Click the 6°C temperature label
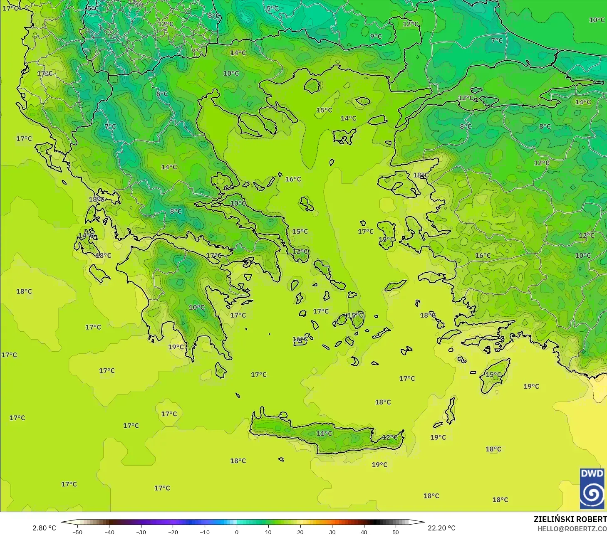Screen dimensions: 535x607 [162, 94]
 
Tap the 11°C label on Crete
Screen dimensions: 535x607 [324, 434]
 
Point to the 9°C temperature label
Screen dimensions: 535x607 [376, 37]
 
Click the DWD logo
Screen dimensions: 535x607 [592, 488]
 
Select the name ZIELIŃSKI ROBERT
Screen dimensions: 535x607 [570, 519]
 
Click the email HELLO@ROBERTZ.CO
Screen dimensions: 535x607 [572, 529]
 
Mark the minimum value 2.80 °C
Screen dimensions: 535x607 [44, 528]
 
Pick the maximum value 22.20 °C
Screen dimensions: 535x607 [441, 528]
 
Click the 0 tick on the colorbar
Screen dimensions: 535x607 [236, 532]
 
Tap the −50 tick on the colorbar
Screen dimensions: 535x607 [77, 532]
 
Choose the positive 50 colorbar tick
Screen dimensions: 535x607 [395, 532]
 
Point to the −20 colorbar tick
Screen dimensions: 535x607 [173, 532]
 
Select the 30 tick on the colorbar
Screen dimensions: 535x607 [332, 532]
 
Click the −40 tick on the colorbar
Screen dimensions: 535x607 [109, 532]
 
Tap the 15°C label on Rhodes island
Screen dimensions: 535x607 [493, 375]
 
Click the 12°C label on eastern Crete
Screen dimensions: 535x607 [390, 437]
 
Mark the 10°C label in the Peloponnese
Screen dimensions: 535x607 [196, 308]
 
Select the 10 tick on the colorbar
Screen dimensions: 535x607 [268, 532]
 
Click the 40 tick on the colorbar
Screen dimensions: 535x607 [364, 532]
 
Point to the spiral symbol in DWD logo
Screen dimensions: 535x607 [592, 494]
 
